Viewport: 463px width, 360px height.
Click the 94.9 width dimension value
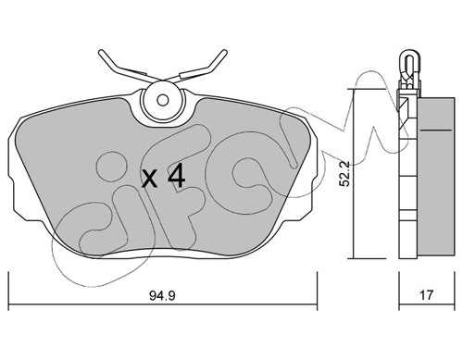pos(162,296)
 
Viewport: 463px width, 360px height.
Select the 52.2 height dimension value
pos(344,174)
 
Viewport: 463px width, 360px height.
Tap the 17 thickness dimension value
pos(426,295)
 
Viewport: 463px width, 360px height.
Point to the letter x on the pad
pos(150,180)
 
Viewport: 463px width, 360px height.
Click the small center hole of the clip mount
pos(162,100)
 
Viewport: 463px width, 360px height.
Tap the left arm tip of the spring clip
pos(101,52)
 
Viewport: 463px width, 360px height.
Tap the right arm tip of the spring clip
pos(225,52)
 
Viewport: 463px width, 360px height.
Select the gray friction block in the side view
pos(436,177)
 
